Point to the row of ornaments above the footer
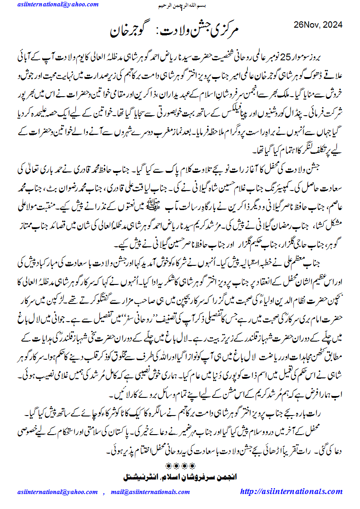[x=180, y=466]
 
